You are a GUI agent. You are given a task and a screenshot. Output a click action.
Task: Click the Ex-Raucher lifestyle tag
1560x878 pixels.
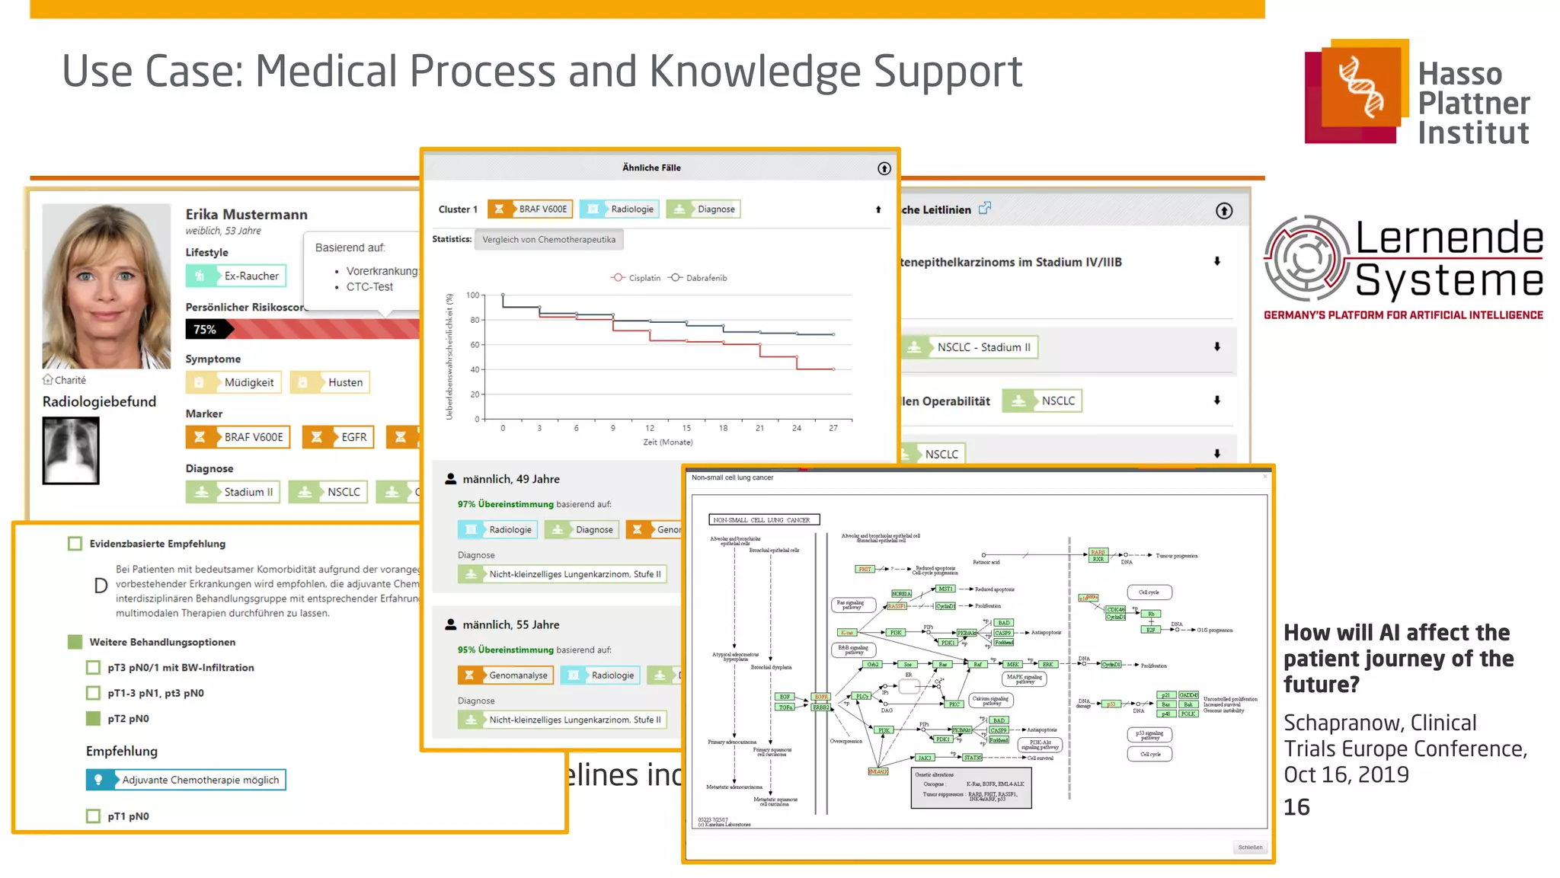[x=236, y=276]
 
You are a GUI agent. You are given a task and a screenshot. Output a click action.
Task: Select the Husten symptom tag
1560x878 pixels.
[x=330, y=382]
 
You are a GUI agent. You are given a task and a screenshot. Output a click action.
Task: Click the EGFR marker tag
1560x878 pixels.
[x=338, y=437]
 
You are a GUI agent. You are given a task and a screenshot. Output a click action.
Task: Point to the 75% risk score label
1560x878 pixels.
[x=204, y=329]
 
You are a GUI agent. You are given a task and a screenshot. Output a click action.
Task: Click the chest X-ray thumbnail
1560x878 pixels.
[x=71, y=452]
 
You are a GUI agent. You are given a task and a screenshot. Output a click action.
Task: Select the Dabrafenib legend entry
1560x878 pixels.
[x=698, y=278]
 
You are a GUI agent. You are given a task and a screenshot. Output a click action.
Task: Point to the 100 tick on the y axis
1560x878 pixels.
[x=473, y=295]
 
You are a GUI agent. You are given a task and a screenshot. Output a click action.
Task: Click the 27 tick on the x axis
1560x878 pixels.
[x=833, y=428]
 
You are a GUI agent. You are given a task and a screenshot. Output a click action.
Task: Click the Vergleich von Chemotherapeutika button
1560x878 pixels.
[x=548, y=240]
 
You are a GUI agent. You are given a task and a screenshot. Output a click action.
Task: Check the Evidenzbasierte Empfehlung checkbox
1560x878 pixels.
[x=75, y=544]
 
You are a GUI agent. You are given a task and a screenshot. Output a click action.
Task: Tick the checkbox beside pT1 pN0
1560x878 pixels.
[x=93, y=816]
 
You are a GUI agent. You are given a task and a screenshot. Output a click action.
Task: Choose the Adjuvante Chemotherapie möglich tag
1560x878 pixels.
[x=186, y=780]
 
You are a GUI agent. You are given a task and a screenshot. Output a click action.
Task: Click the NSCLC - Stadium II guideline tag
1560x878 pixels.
[x=970, y=347]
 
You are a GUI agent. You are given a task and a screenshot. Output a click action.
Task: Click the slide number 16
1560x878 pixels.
[x=1296, y=807]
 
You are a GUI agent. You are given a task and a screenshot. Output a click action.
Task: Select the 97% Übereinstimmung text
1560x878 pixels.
[x=505, y=504]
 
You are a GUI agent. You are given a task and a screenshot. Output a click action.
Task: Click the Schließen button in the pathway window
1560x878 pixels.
[x=1250, y=847]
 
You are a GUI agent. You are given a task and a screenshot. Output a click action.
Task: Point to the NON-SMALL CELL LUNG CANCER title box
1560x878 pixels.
[x=764, y=520]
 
